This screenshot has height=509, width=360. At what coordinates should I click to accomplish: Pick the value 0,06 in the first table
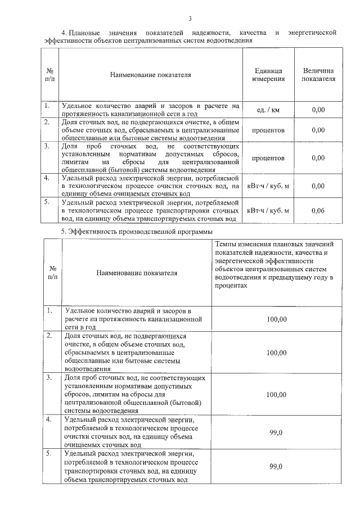click(x=318, y=210)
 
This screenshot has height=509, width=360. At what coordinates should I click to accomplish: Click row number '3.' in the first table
click(x=48, y=146)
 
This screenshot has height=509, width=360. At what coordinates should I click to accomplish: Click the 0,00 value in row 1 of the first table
click(x=318, y=110)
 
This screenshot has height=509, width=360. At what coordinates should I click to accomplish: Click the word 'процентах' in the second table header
click(x=231, y=286)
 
